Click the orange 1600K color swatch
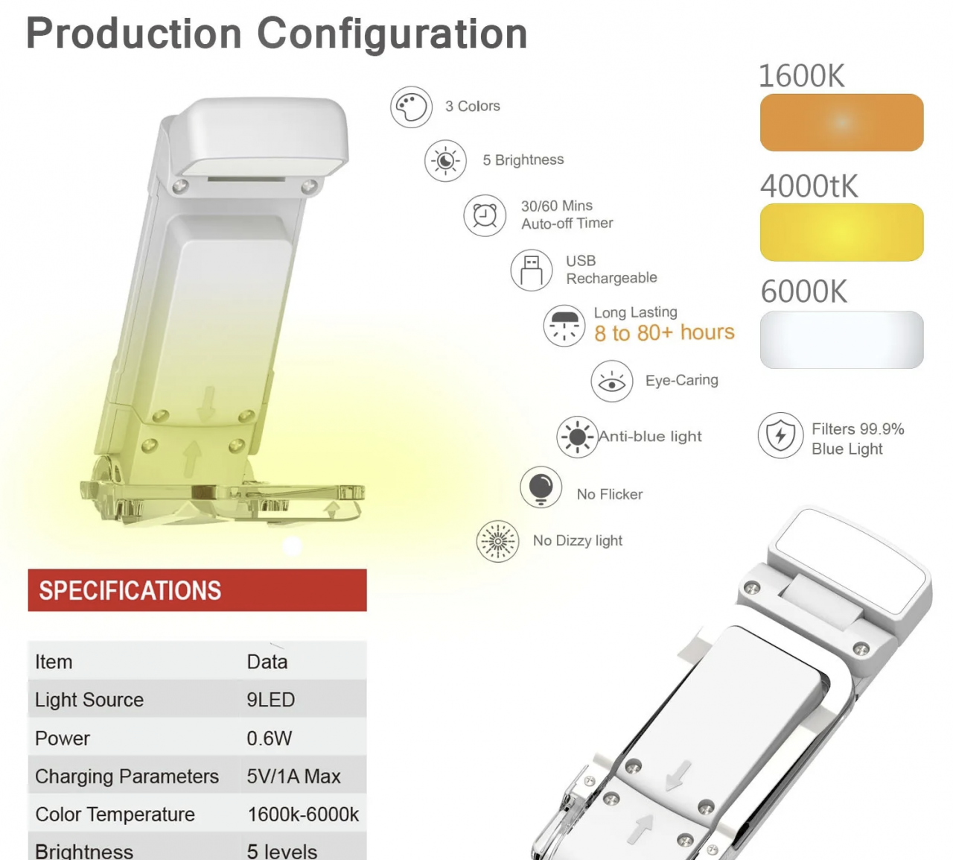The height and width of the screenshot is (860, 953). click(x=841, y=122)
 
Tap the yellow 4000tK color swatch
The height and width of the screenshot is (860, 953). click(x=841, y=232)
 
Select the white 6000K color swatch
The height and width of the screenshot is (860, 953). click(x=841, y=340)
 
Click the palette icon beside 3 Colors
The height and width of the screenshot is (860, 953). click(x=411, y=107)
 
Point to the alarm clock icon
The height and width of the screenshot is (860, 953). click(x=485, y=215)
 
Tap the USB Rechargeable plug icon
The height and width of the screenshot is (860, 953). click(x=532, y=270)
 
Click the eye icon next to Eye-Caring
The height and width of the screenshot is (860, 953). click(x=612, y=382)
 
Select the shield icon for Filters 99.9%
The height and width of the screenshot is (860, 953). click(x=780, y=435)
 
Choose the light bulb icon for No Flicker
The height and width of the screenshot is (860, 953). click(x=541, y=488)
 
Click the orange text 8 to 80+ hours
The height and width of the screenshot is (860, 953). click(x=664, y=332)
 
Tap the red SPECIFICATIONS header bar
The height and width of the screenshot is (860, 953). click(x=197, y=590)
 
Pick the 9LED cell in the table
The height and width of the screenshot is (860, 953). click(x=271, y=700)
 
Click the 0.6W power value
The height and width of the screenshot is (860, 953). click(x=270, y=739)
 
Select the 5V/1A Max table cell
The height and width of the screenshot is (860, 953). click(x=293, y=777)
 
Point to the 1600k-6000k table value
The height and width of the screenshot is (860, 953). click(x=303, y=815)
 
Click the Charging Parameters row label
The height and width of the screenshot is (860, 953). click(x=127, y=777)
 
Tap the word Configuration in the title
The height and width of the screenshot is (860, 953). click(x=392, y=34)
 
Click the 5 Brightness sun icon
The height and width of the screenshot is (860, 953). click(x=445, y=161)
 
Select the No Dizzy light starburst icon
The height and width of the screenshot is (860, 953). click(x=497, y=541)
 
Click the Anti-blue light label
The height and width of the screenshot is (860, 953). click(x=651, y=437)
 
